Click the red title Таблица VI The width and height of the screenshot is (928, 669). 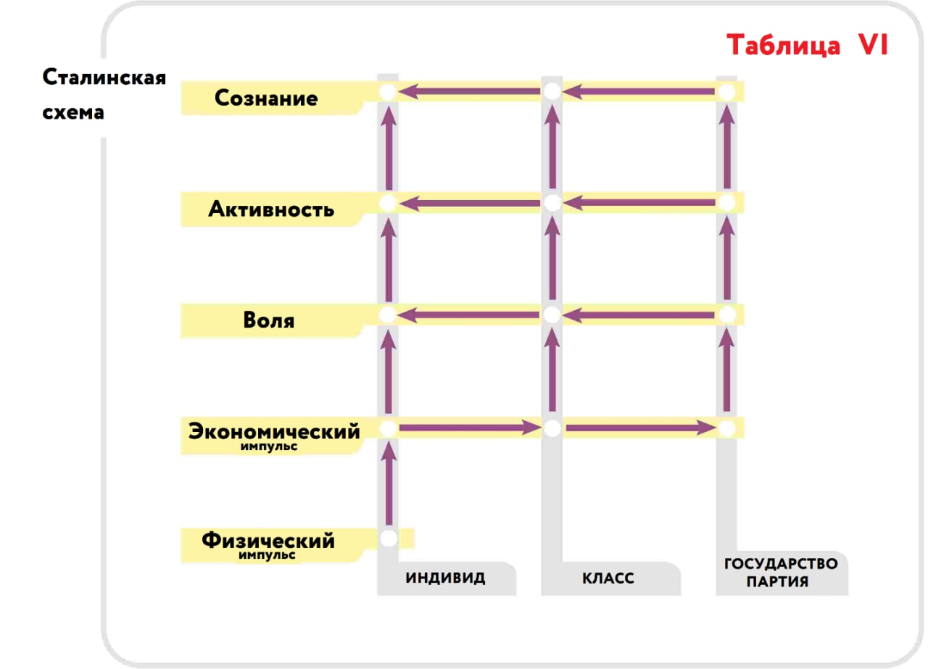click(808, 45)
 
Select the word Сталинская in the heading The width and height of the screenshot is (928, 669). click(104, 77)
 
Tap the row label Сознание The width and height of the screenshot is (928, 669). click(266, 98)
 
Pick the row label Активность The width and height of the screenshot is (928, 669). click(271, 209)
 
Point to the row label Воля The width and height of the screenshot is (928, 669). click(269, 320)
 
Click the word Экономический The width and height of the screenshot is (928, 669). click(274, 431)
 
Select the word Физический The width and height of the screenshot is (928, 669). click(268, 541)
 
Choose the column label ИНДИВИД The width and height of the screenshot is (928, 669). click(445, 578)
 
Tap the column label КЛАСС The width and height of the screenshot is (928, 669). click(608, 578)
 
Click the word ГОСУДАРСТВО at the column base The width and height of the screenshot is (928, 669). click(781, 563)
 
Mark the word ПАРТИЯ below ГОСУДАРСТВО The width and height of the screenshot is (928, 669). click(777, 581)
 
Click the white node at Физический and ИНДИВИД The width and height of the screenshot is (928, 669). click(389, 539)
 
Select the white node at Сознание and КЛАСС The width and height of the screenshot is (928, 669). click(552, 91)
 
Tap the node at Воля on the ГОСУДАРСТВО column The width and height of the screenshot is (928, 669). click(727, 315)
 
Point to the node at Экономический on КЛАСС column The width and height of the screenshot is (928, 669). click(552, 428)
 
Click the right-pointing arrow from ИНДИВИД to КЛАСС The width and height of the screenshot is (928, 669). click(471, 428)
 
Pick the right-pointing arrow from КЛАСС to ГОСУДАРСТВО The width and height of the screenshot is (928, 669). click(641, 428)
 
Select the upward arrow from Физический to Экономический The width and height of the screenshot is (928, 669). click(389, 483)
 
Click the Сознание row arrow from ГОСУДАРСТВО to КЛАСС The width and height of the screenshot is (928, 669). click(639, 91)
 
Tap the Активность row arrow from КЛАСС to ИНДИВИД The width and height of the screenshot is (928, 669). click(470, 204)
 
